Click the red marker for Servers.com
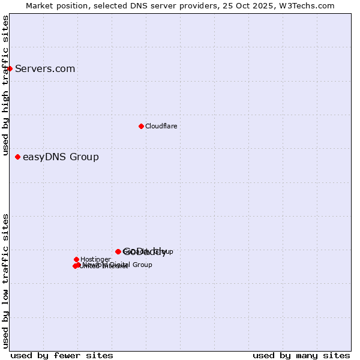(x=10, y=68)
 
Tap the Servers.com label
(x=45, y=69)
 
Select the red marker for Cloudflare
(x=141, y=126)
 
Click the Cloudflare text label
(x=161, y=126)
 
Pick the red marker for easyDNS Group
(x=18, y=157)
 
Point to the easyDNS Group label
(x=61, y=157)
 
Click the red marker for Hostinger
(x=76, y=259)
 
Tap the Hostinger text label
(x=95, y=259)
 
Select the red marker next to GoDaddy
(x=118, y=251)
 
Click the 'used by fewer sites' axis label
(x=62, y=355)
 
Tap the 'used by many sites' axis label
(x=301, y=355)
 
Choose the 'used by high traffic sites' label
(x=5, y=86)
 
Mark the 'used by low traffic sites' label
(x=5, y=281)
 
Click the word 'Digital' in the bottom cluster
(x=119, y=265)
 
